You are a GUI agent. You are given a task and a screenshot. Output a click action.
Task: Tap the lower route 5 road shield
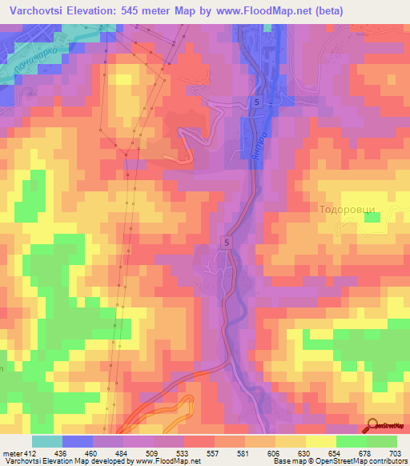click(x=227, y=241)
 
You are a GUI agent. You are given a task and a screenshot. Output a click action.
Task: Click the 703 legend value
click(x=396, y=452)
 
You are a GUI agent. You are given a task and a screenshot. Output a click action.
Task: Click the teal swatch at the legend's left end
click(x=47, y=441)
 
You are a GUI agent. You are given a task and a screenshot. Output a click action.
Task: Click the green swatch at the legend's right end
click(x=381, y=441)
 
